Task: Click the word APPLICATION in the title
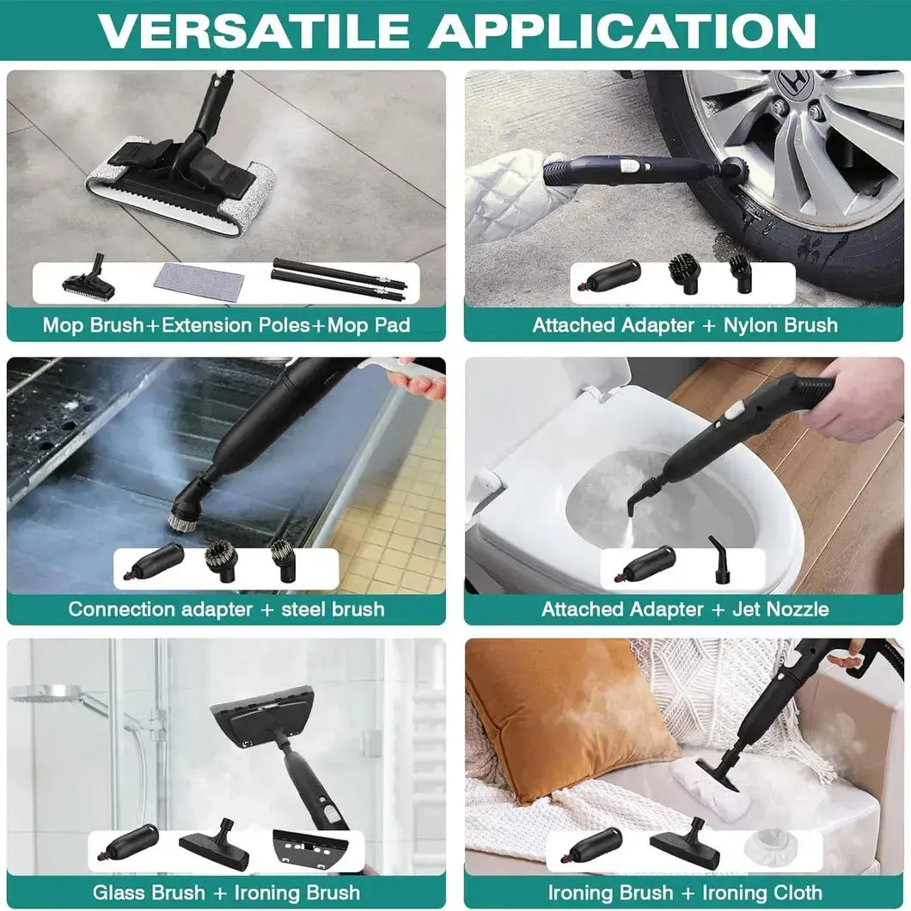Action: point(622,30)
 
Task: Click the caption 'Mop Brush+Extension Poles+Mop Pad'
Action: point(226,326)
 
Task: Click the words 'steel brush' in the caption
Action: point(333,609)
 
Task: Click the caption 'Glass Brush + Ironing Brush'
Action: point(226,893)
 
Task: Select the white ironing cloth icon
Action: point(767,847)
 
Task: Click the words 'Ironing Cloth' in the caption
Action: point(756,893)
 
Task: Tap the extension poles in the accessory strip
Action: point(339,280)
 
